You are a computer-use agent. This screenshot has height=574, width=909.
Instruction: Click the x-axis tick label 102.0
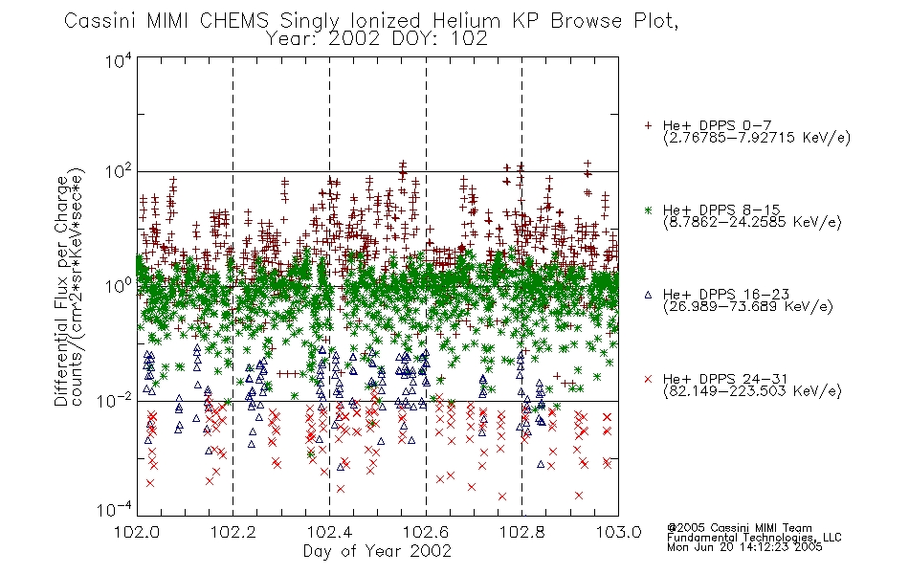(x=137, y=532)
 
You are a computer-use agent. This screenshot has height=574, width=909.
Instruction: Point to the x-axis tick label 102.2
(x=233, y=532)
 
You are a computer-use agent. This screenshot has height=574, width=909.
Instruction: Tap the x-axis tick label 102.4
(x=329, y=532)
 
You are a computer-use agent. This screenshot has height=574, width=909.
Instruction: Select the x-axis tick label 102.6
(x=426, y=532)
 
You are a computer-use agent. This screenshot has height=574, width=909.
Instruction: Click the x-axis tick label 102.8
(x=521, y=532)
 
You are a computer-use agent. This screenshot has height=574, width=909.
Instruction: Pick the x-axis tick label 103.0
(x=618, y=532)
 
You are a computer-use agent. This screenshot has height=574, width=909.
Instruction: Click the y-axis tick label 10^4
(x=119, y=61)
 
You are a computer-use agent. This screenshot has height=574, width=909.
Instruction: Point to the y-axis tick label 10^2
(x=119, y=173)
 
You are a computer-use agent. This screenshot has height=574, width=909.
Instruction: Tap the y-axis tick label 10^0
(x=119, y=287)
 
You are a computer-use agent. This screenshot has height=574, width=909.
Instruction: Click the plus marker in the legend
(x=648, y=125)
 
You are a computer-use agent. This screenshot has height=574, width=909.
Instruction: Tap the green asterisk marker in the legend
(x=648, y=210)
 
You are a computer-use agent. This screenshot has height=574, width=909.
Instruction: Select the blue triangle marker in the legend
(x=648, y=295)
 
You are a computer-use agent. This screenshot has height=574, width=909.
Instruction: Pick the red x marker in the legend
(x=648, y=379)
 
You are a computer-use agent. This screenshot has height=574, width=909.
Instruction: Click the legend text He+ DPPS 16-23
(x=726, y=295)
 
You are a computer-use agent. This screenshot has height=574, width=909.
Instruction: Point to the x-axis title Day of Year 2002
(x=377, y=551)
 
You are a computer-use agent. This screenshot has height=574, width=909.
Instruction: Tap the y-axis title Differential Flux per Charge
(x=61, y=291)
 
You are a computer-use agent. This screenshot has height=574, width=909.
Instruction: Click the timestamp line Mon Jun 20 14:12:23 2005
(x=744, y=547)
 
